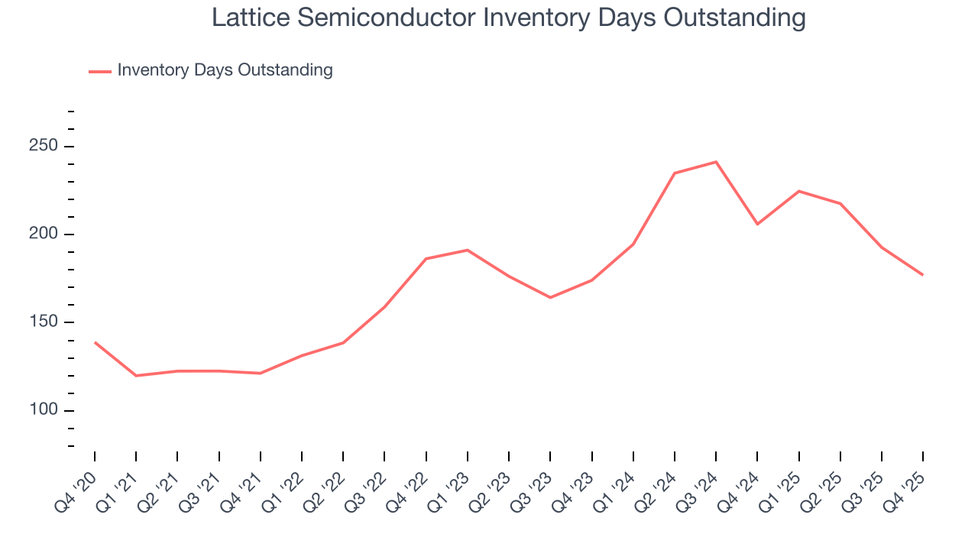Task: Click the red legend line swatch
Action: [x=100, y=71]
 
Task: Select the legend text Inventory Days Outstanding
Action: [x=225, y=70]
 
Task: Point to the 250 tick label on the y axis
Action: [x=43, y=146]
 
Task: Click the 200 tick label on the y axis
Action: [x=43, y=234]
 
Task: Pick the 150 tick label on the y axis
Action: [x=43, y=322]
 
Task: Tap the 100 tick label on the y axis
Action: [x=43, y=410]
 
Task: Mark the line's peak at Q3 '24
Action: [x=716, y=162]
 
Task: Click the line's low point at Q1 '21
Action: [x=136, y=376]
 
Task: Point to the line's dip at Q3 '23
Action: [x=550, y=297]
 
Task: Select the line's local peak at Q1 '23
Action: [x=467, y=250]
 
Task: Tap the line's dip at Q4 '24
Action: [x=757, y=224]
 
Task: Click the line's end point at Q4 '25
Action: [x=923, y=275]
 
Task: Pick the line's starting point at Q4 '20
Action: [x=95, y=342]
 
